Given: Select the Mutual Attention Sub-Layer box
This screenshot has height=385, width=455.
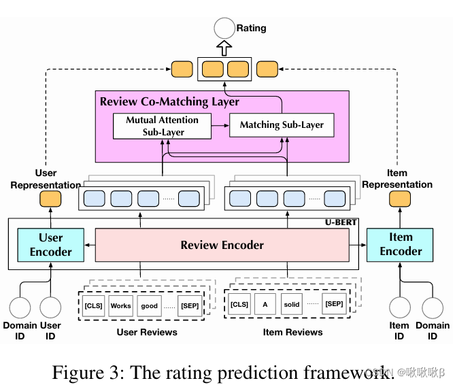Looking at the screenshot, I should [162, 126].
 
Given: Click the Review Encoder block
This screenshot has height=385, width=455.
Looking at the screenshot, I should [222, 245].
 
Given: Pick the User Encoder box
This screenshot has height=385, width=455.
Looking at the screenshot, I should [50, 245].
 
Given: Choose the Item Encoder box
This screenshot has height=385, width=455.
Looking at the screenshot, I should [401, 244].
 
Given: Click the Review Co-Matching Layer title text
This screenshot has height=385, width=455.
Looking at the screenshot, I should [169, 102].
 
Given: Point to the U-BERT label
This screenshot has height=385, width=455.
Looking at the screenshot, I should [340, 223].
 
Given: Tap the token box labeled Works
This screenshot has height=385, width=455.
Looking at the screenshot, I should [120, 306].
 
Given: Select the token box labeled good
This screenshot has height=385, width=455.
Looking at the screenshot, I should [149, 306].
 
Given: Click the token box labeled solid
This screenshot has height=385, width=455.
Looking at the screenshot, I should [292, 303].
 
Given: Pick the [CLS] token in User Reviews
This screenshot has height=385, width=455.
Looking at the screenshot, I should [93, 306].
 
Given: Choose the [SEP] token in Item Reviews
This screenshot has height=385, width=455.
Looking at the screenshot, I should [333, 303].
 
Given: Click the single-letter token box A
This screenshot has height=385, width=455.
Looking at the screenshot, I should [265, 303].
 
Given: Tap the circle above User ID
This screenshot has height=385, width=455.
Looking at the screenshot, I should [50, 307].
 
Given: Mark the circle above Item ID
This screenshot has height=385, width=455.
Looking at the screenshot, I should [400, 307].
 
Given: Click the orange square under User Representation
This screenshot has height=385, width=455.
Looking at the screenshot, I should [50, 199].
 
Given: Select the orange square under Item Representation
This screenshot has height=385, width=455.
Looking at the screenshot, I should [400, 199].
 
